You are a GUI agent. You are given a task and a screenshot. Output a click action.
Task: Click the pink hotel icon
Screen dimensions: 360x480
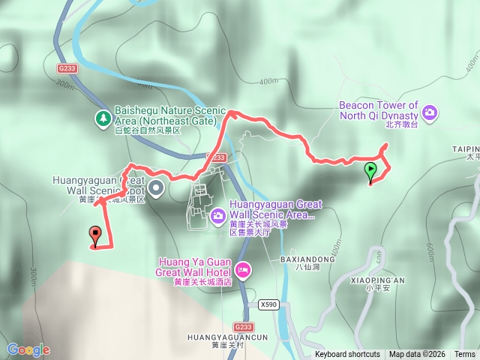coord(243,268)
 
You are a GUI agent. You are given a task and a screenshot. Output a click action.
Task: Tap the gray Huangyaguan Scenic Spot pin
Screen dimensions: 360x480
coord(156,187)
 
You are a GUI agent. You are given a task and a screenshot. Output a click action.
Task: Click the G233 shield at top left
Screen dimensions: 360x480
coord(67,67)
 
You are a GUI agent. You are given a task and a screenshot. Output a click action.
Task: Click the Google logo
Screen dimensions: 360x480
coord(28,349)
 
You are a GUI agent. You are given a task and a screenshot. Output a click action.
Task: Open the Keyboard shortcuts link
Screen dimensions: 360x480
coord(347,354)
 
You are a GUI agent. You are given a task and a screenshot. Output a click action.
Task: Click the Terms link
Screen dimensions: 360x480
coord(465,354)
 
